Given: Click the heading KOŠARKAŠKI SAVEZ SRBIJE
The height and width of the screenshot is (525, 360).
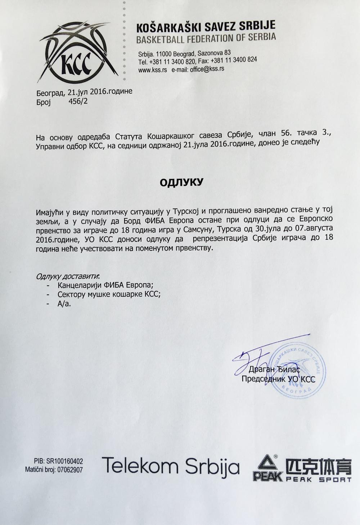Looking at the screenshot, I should (206, 26).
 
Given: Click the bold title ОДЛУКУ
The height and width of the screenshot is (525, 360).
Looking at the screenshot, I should (181, 182).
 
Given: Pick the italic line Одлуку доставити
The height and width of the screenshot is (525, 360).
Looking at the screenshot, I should (68, 276).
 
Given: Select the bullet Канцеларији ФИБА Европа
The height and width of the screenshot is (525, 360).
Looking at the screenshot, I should (105, 285).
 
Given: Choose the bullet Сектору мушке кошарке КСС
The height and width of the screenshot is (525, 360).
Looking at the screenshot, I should (109, 294).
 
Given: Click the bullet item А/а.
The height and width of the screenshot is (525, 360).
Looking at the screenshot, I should (64, 303).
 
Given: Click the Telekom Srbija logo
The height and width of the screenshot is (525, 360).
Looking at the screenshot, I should (171, 467).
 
